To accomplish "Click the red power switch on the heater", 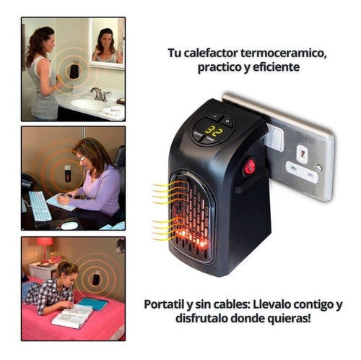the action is click(x=250, y=167).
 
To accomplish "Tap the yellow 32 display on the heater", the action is click(x=214, y=131).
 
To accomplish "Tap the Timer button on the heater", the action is click(x=210, y=140).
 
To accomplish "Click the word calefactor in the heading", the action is click(x=211, y=53).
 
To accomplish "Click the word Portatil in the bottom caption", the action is click(x=164, y=304).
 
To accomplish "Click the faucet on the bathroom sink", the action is click(x=100, y=94).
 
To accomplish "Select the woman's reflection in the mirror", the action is click(x=106, y=46).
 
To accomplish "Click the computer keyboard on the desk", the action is click(x=40, y=206).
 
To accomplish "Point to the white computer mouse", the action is click(x=69, y=226).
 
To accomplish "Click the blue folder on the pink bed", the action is click(x=93, y=304).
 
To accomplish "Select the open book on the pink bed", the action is click(x=72, y=316).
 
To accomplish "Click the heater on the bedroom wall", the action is click(x=96, y=279).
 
